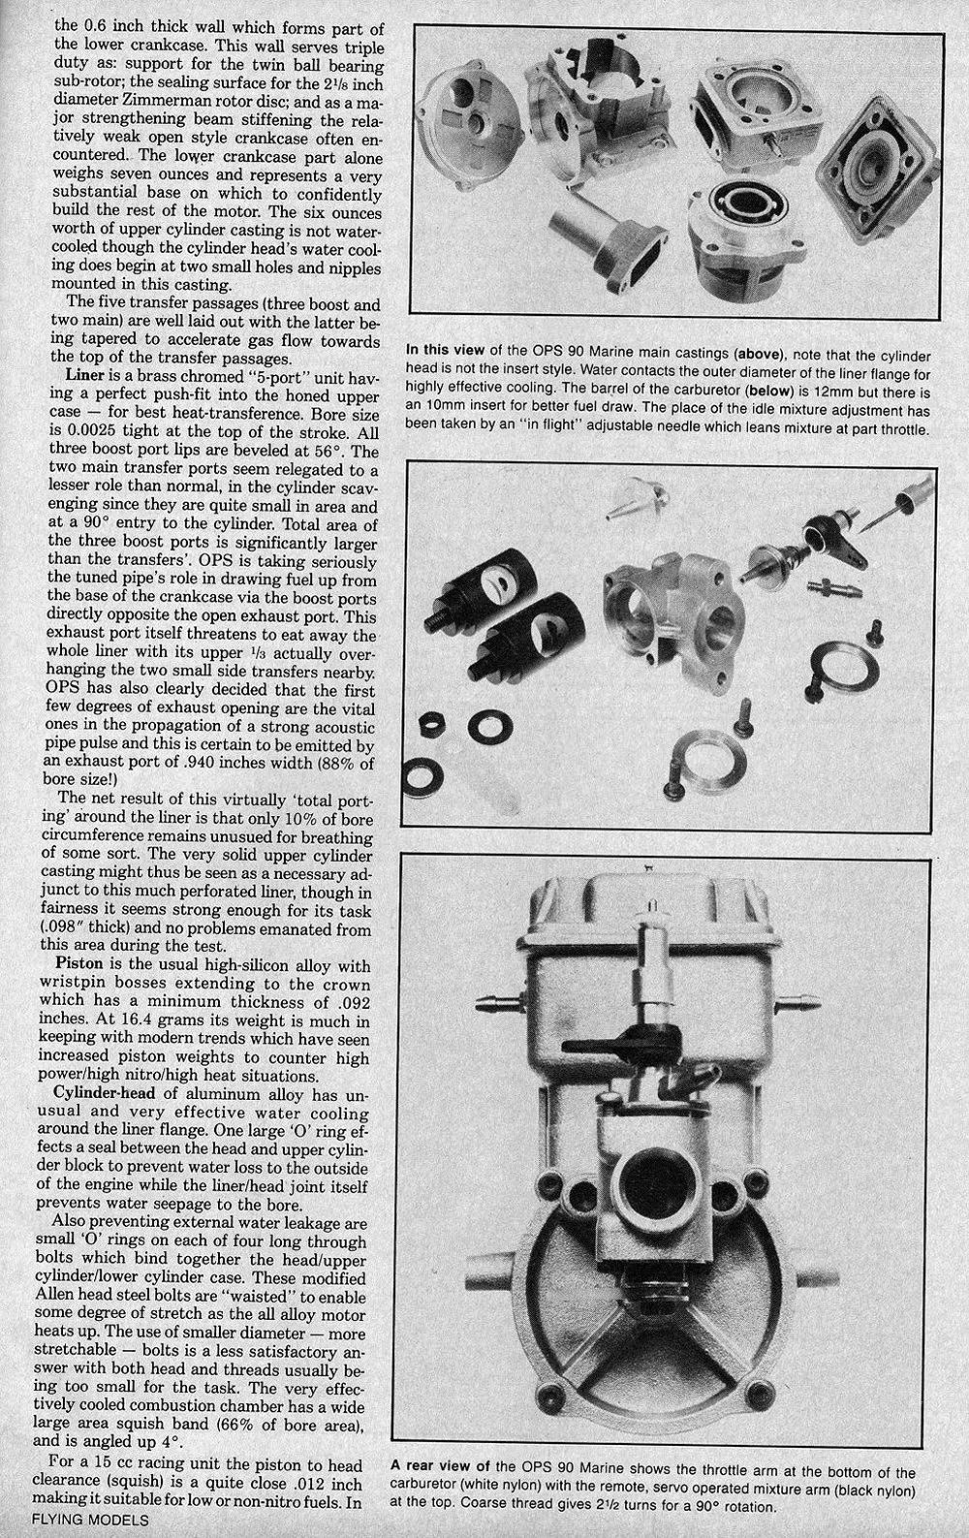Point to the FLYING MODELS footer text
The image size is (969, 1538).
[x=76, y=1520]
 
